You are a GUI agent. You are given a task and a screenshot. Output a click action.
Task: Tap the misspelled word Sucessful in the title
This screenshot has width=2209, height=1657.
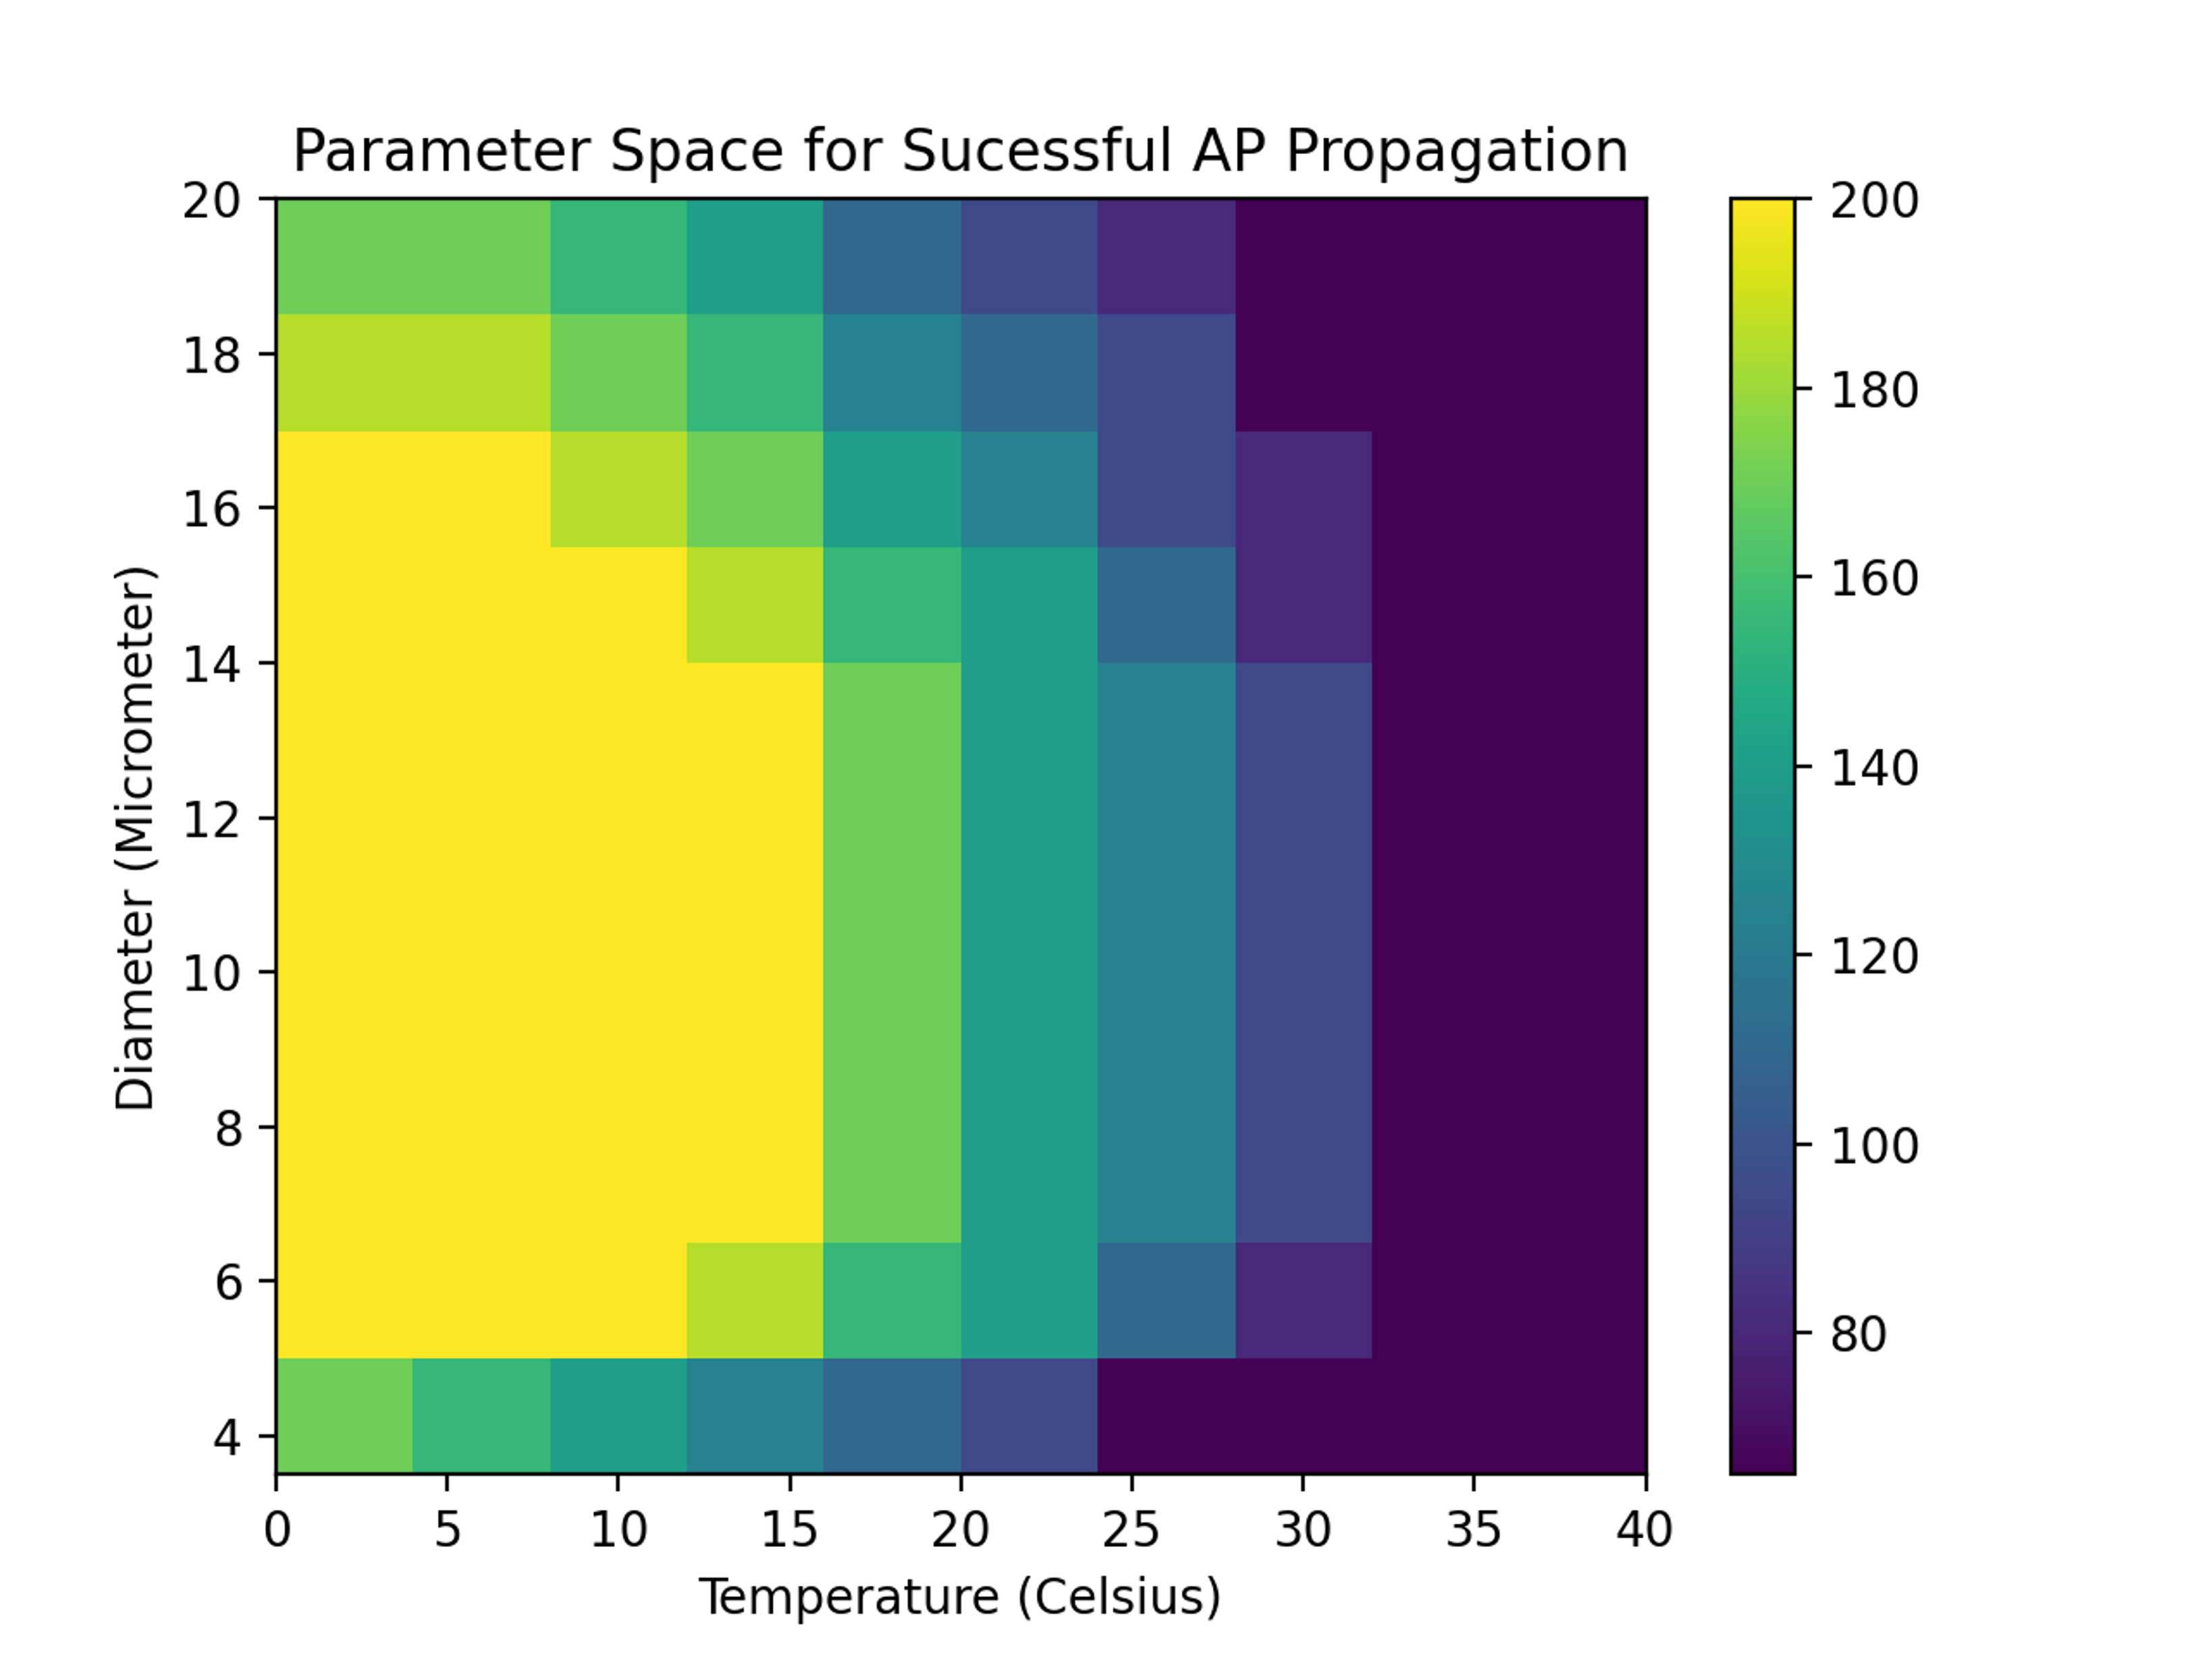(x=1036, y=152)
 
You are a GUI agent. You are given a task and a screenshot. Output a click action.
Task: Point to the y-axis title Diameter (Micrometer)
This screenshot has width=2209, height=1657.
(x=136, y=837)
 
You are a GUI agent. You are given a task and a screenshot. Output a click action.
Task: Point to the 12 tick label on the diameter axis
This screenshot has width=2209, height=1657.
(x=212, y=819)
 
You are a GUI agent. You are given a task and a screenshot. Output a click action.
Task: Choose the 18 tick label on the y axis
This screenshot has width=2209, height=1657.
(x=212, y=354)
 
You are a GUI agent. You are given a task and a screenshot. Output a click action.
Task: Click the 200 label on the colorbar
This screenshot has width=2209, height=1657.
(x=1874, y=201)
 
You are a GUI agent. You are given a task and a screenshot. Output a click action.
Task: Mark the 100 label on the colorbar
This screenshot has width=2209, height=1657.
(x=1874, y=1146)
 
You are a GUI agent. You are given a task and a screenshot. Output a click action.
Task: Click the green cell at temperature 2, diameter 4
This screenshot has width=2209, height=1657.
(x=344, y=1415)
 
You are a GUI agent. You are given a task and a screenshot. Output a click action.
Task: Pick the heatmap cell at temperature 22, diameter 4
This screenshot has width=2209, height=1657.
(x=1030, y=1415)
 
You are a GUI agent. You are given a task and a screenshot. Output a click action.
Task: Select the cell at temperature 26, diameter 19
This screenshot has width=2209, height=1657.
(x=1167, y=257)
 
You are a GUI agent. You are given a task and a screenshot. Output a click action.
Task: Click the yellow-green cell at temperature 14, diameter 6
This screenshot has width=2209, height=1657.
(x=755, y=1300)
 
